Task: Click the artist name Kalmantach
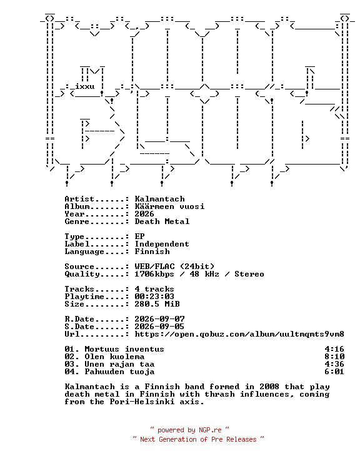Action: click(159, 199)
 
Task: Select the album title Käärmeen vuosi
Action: click(169, 206)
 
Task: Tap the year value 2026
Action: click(144, 214)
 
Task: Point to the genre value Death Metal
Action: click(162, 221)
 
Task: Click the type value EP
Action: click(139, 237)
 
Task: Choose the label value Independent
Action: click(162, 244)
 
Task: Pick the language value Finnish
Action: click(152, 252)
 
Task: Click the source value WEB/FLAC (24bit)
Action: click(174, 267)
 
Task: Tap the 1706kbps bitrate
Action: click(154, 274)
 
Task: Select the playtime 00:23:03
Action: click(154, 297)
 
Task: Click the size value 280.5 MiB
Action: click(157, 304)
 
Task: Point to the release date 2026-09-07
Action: click(159, 319)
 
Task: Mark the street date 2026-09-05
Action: click(159, 327)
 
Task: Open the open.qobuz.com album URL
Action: click(239, 334)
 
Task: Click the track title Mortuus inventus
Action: click(124, 349)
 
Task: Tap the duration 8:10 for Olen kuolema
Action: click(334, 357)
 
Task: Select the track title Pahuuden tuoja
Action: click(119, 372)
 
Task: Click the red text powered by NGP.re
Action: click(189, 430)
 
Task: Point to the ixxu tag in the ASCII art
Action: click(84, 86)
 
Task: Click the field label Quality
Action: click(82, 274)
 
